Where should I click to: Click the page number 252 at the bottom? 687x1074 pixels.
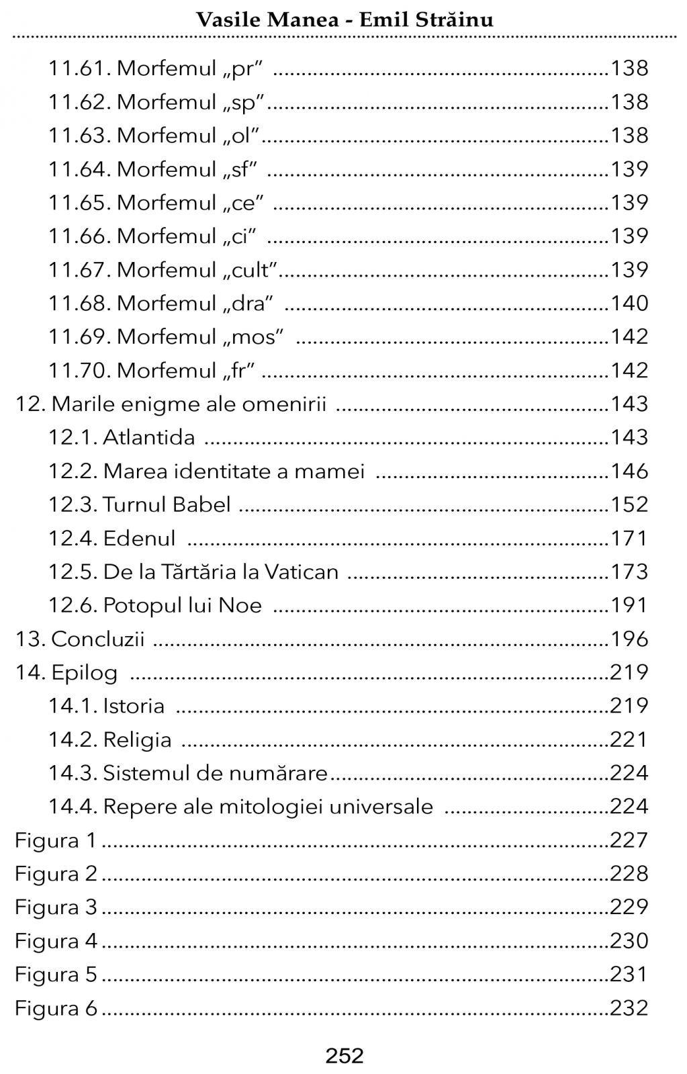click(344, 1055)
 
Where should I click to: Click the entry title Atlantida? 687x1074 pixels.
click(148, 437)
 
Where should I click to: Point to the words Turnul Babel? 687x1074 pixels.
click(167, 504)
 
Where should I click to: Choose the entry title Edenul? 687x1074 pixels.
click(139, 538)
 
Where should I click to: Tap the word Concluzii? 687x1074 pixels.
click(97, 639)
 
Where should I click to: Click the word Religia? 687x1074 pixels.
click(137, 740)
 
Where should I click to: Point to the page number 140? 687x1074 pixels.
click(629, 303)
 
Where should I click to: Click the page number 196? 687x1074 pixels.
click(629, 639)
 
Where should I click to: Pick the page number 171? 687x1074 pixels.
click(629, 538)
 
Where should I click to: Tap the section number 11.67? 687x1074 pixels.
click(79, 269)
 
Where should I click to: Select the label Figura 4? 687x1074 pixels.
click(56, 941)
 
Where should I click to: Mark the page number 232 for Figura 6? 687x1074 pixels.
click(629, 1008)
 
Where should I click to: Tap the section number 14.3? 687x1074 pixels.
click(73, 773)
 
